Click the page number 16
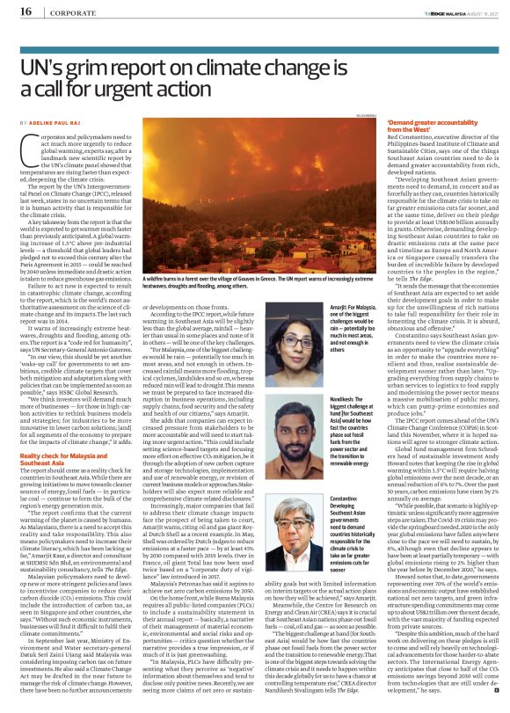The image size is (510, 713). pyautogui.click(x=25, y=11)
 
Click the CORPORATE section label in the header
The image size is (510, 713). pyautogui.click(x=72, y=12)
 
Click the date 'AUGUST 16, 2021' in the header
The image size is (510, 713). pyautogui.click(x=476, y=12)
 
